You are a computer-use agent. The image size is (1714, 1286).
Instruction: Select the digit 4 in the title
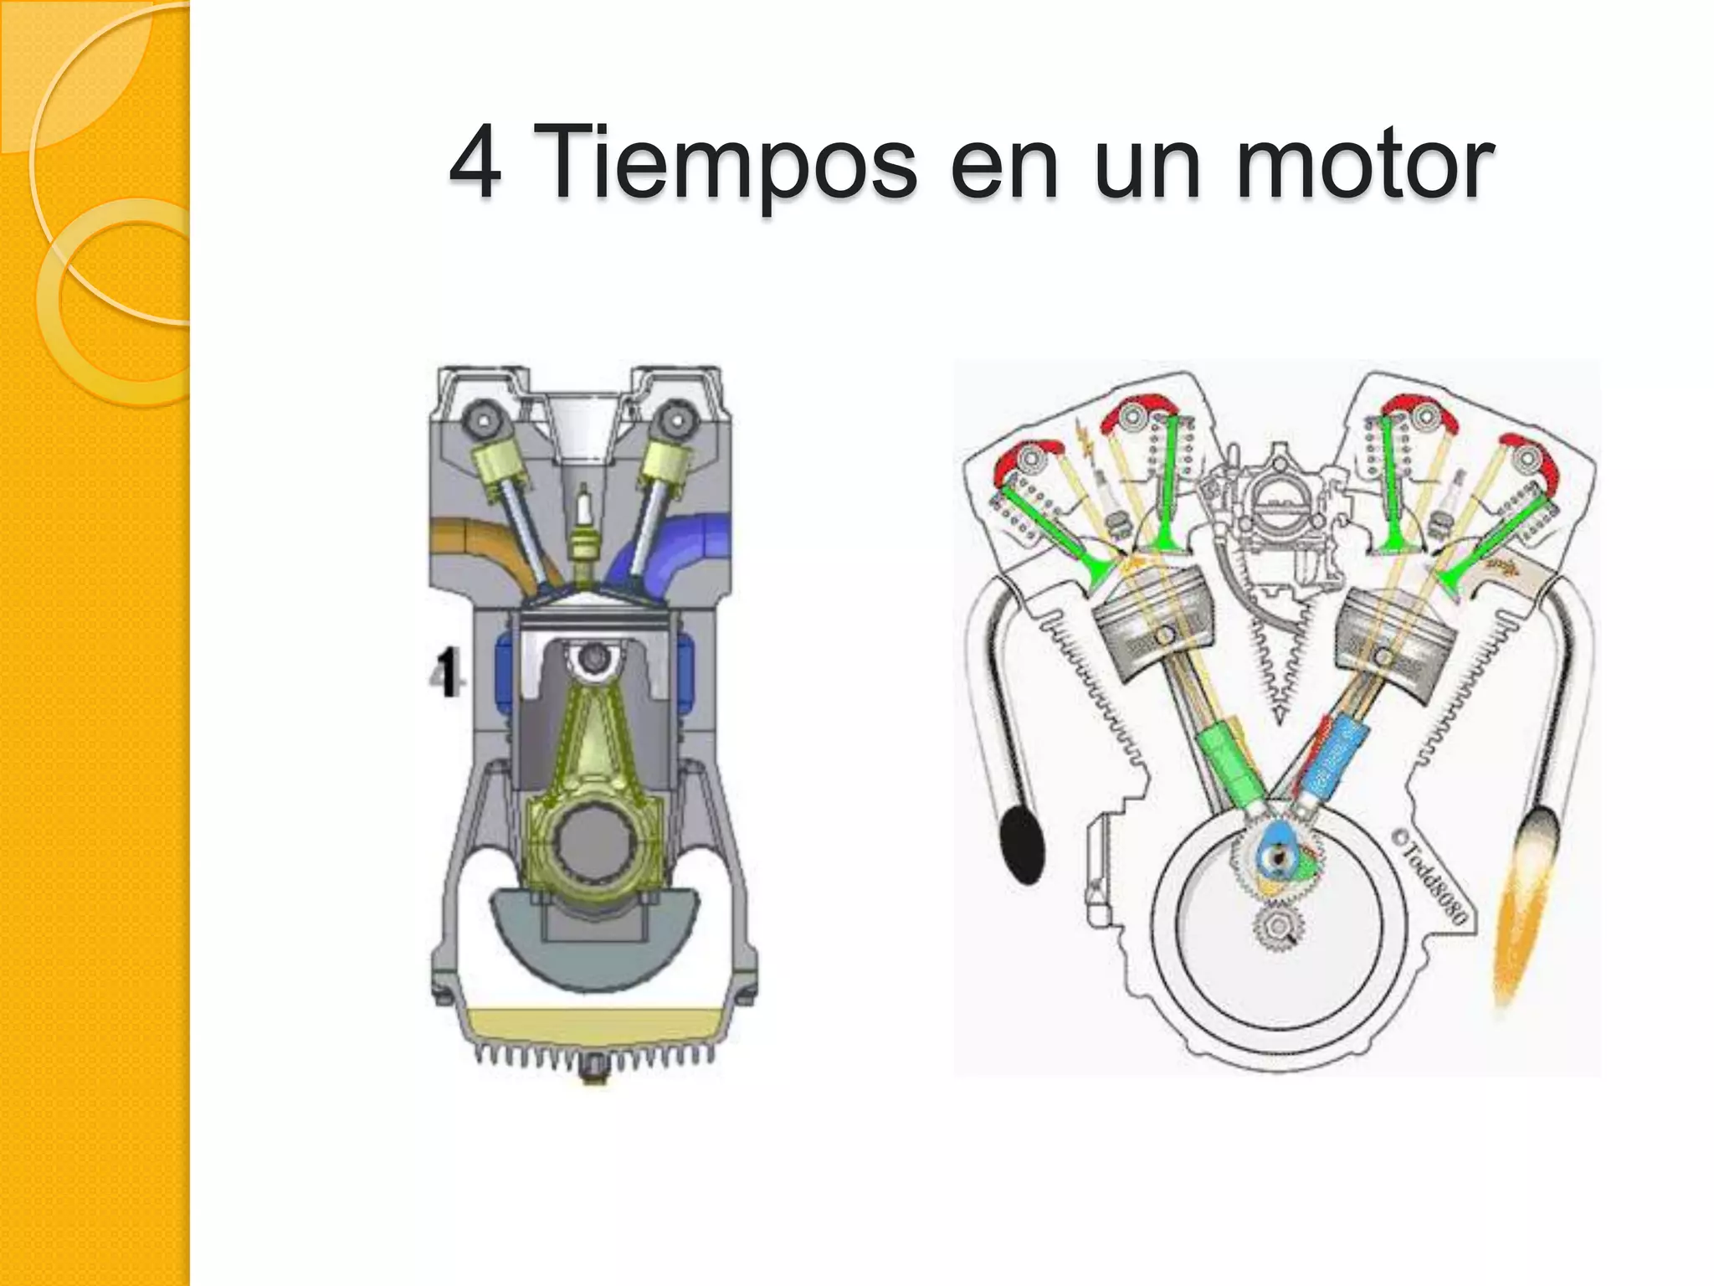pos(475,163)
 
